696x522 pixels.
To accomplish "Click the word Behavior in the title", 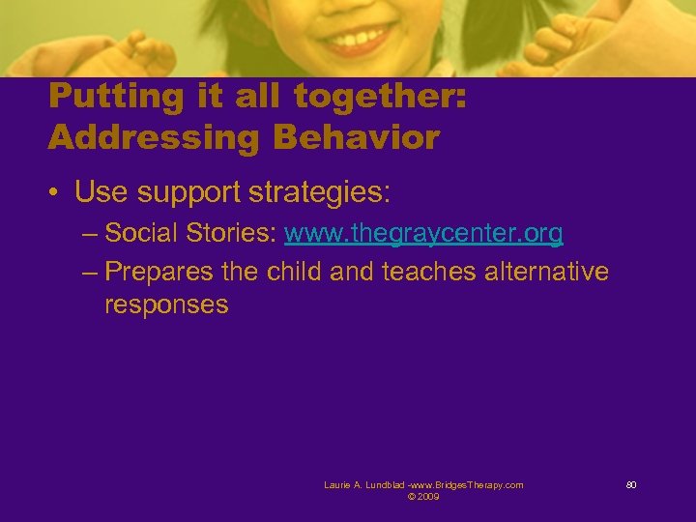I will [x=356, y=137].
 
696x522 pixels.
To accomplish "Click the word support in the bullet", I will [x=189, y=192].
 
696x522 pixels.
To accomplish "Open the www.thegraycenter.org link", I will [x=423, y=234].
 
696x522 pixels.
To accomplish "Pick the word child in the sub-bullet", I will [x=293, y=272].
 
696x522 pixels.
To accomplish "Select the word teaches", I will [x=428, y=272].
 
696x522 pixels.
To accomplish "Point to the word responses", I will [x=166, y=305].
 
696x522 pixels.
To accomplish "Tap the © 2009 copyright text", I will [x=423, y=496].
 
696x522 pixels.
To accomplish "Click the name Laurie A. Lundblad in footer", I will [x=364, y=485].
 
